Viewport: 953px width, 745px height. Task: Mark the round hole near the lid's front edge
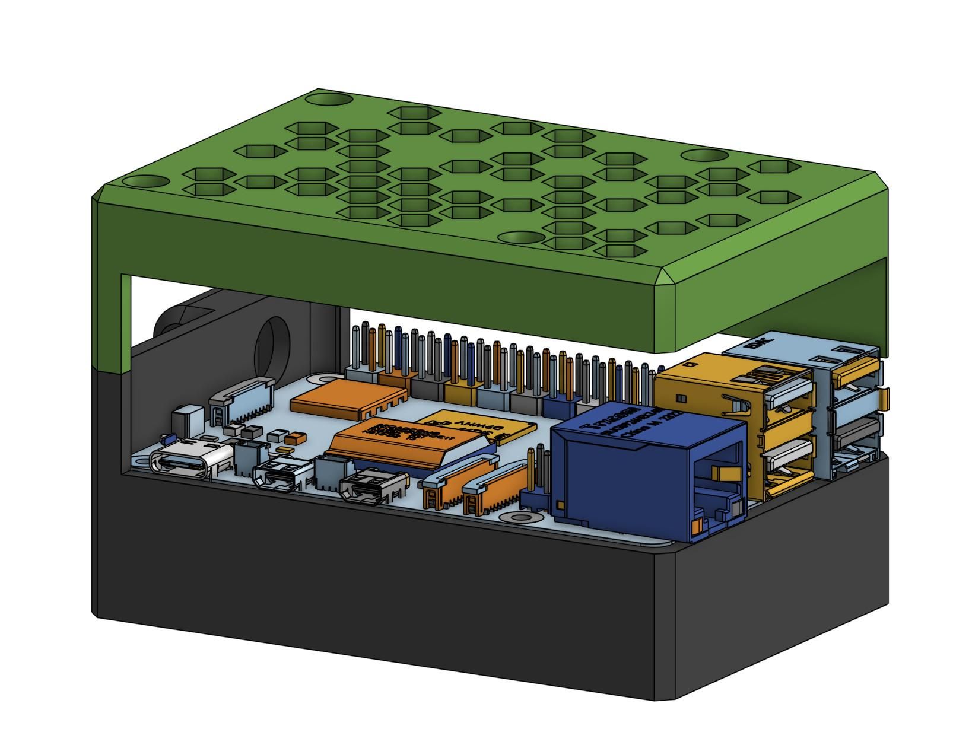(x=521, y=237)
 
